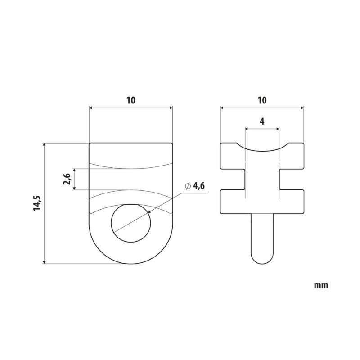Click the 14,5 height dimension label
pos(37,203)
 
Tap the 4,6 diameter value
pos(198,186)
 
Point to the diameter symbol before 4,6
pos(188,186)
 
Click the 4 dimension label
pos(262,121)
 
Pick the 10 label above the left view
pos(131,100)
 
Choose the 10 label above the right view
pos(262,100)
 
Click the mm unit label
pos(321,285)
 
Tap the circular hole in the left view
pos(131,223)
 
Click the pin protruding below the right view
pos(262,239)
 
